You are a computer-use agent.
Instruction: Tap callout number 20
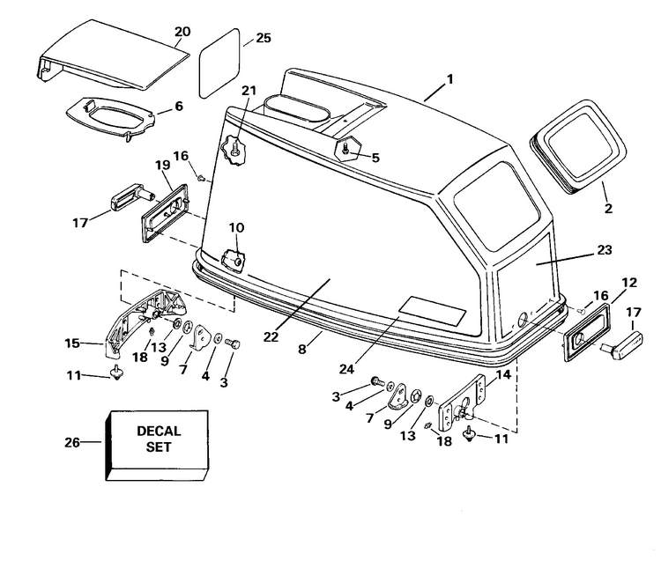click(x=182, y=32)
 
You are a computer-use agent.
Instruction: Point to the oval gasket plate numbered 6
click(x=110, y=112)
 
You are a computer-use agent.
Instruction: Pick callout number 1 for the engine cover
click(x=449, y=79)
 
